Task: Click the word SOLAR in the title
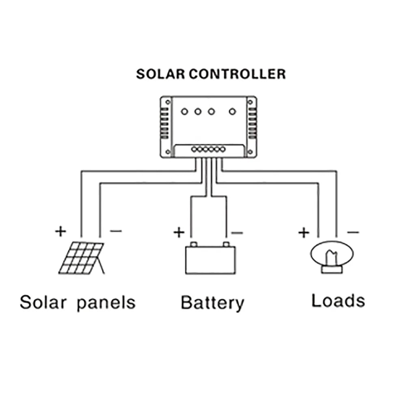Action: pos(161,74)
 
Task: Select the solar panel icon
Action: pos(82,258)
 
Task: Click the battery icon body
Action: pos(210,260)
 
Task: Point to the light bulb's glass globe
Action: pos(332,253)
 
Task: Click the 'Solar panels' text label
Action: pos(77,303)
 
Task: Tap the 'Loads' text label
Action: pos(338,301)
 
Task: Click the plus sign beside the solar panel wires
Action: pos(60,231)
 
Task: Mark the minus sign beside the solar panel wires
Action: pos(116,231)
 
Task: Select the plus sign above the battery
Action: pos(179,232)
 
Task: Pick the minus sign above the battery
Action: pos(237,233)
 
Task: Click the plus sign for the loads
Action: pos(303,233)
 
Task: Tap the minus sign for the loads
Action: pos(353,232)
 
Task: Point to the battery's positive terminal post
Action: pos(194,244)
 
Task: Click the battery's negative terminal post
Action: pos(226,244)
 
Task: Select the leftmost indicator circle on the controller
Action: pos(184,111)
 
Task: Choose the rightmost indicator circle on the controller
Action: pos(232,111)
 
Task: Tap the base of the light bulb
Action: pos(332,269)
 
